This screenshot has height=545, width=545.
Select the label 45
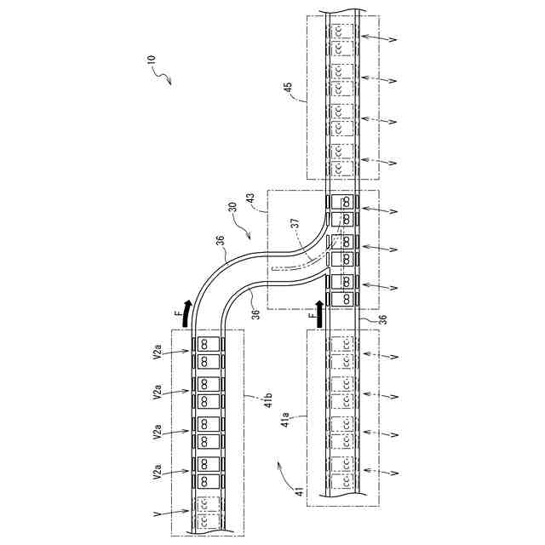(289, 87)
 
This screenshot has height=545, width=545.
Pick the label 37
(295, 223)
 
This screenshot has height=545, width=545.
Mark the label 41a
(285, 419)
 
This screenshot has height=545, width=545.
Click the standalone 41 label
(300, 491)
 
